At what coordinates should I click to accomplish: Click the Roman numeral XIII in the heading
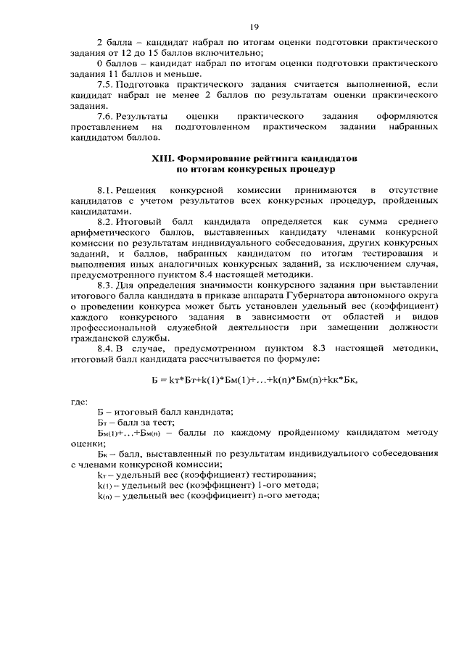pos(161,158)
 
